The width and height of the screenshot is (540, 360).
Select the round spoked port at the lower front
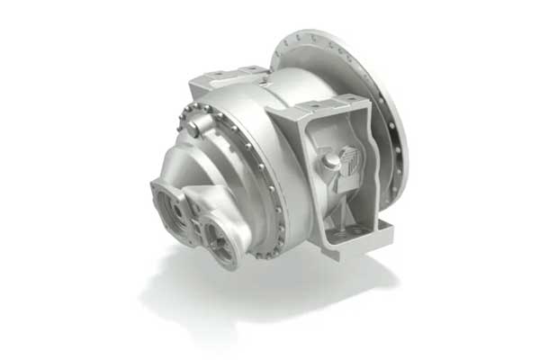click(220, 239)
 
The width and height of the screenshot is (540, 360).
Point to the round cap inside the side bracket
click(330, 162)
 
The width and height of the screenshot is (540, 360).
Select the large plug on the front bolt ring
click(194, 130)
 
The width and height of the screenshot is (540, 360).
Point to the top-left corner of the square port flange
click(156, 185)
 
